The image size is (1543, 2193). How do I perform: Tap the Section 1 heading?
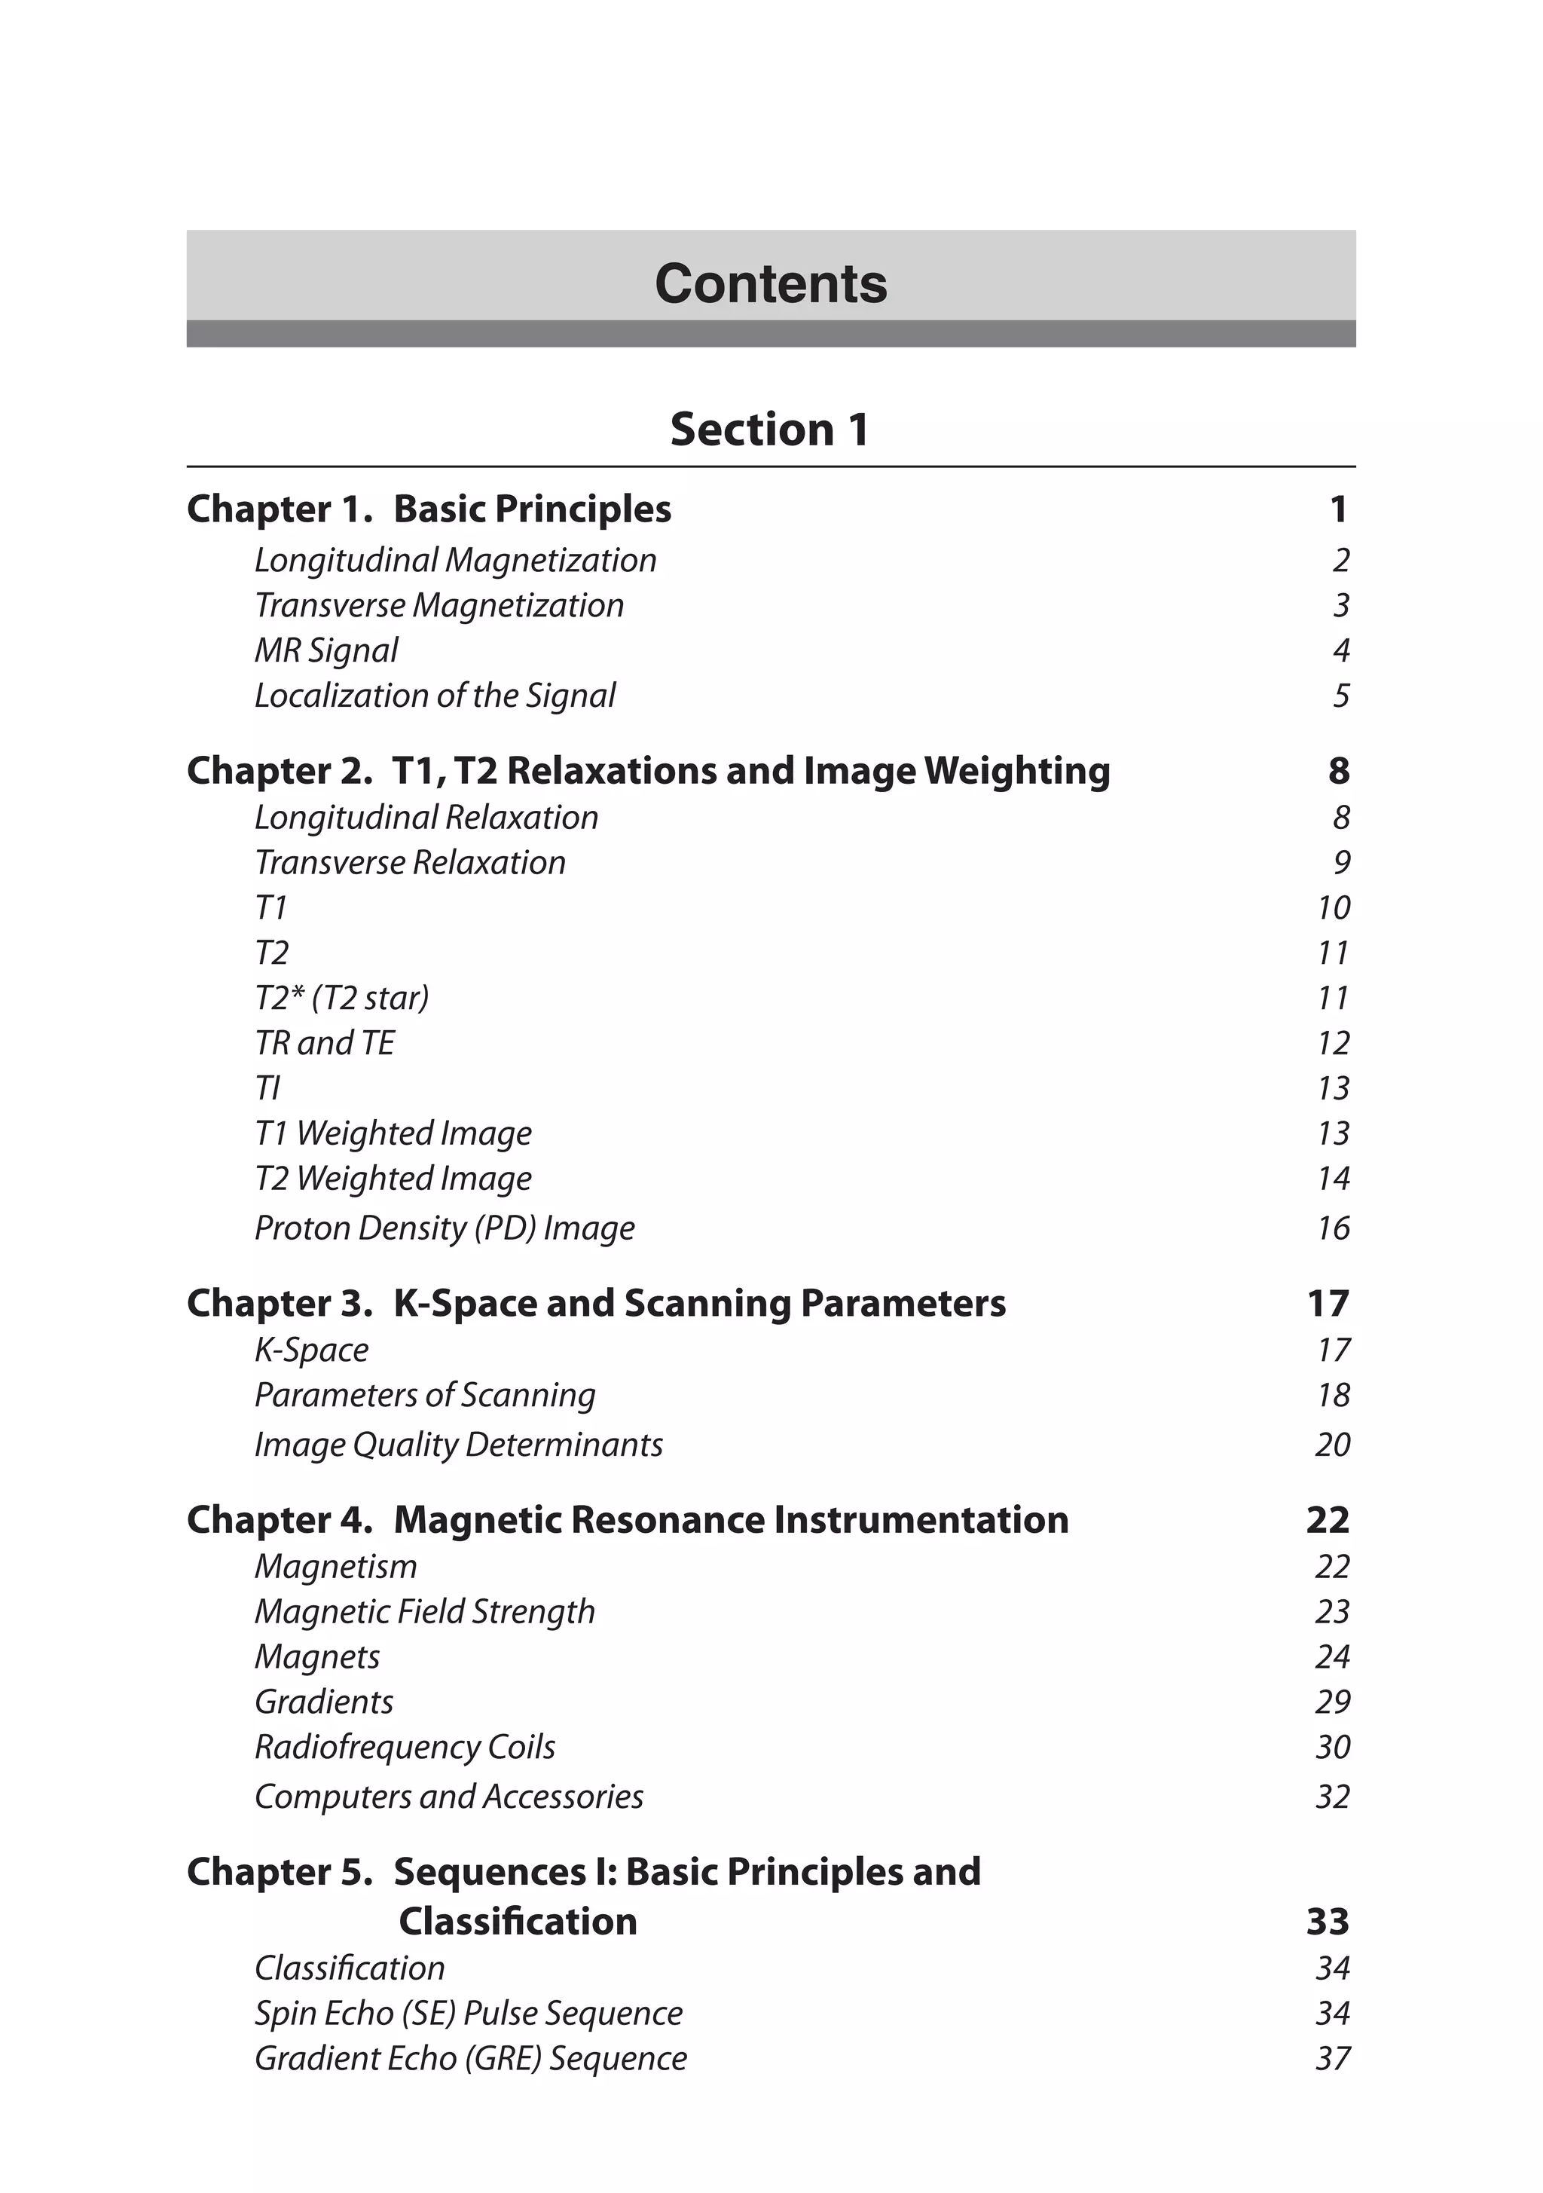coord(769,429)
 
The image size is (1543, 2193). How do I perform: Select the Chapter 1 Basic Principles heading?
coord(429,509)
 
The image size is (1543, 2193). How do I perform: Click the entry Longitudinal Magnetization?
coord(456,561)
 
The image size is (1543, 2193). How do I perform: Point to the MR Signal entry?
coord(325,650)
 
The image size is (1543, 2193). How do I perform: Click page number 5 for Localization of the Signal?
coord(1340,696)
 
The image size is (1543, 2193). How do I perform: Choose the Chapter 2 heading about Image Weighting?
coord(649,771)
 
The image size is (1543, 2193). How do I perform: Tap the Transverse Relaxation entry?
coord(410,862)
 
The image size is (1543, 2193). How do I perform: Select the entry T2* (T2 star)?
coord(342,998)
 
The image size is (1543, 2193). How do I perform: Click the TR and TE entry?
coord(325,1043)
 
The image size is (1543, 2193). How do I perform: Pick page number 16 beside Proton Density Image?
coord(1333,1228)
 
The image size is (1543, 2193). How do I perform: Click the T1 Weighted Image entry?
coord(393,1133)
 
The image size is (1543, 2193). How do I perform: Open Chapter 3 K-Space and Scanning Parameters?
coord(596,1304)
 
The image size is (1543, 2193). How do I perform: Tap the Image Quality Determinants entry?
coord(458,1445)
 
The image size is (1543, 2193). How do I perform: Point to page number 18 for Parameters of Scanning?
coord(1333,1396)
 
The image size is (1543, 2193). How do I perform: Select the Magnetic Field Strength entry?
coord(425,1612)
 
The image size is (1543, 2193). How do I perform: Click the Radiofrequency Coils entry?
coord(405,1747)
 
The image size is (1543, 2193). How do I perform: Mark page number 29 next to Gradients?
coord(1333,1702)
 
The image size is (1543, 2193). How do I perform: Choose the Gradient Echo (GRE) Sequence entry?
coord(471,2058)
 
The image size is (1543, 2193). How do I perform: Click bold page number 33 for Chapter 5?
coord(1328,1922)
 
